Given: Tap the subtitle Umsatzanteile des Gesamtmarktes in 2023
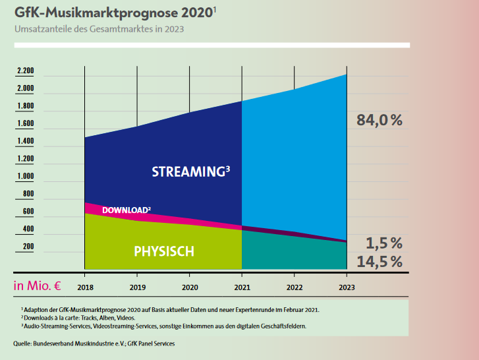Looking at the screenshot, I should (x=99, y=29).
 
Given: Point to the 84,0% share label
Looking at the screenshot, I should (x=379, y=120).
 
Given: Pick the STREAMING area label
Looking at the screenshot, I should (x=190, y=172).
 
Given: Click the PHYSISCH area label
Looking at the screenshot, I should (x=164, y=251).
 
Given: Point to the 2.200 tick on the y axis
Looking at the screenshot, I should (x=25, y=71).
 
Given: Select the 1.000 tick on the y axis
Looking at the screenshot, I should (x=25, y=176).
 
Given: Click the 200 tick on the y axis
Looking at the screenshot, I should (x=28, y=247).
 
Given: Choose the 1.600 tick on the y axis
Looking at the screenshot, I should (x=25, y=123).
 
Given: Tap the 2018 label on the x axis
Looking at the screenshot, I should (x=84, y=287).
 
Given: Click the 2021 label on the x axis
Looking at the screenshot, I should (x=242, y=287).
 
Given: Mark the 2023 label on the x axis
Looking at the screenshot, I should (x=347, y=287).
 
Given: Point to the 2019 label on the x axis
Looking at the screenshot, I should (x=137, y=287).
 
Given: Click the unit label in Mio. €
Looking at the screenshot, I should (x=37, y=285).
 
